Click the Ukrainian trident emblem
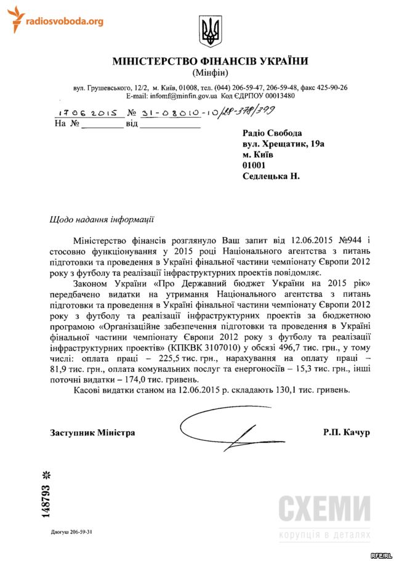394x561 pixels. click(x=210, y=31)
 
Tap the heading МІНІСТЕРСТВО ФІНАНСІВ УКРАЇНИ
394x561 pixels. click(x=210, y=61)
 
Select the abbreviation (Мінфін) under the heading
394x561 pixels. click(x=210, y=73)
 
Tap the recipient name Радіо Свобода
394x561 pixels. click(x=273, y=132)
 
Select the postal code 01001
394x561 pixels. click(x=254, y=165)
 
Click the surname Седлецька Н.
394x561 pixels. click(x=271, y=176)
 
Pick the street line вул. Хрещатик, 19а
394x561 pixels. click(x=283, y=143)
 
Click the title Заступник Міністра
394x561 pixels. click(x=92, y=432)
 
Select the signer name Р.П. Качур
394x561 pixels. click(x=346, y=432)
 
